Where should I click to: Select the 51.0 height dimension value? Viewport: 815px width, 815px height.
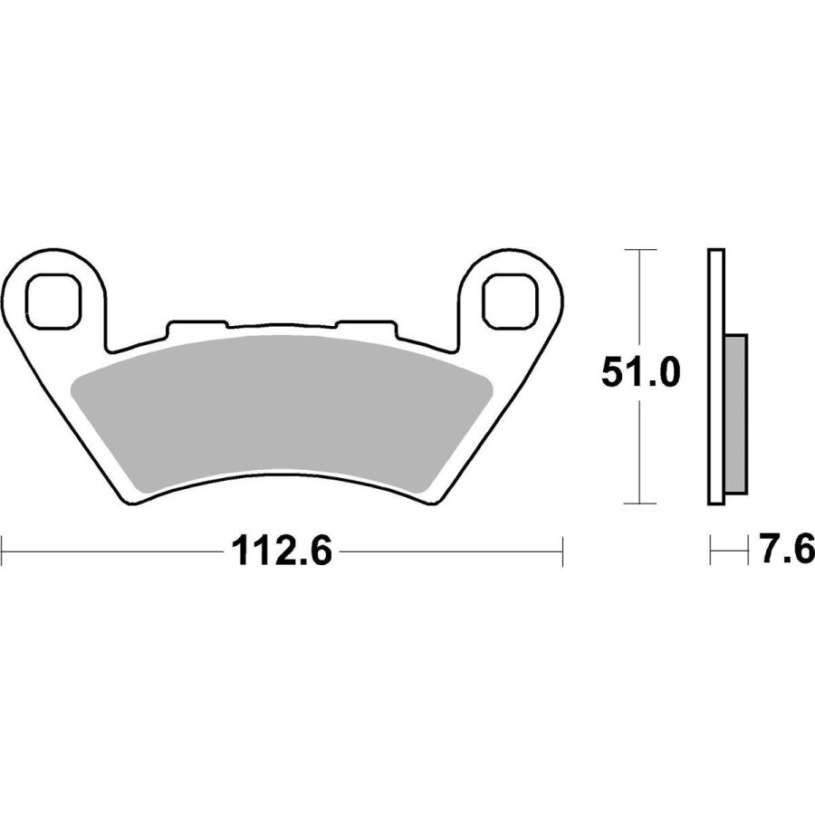(x=640, y=373)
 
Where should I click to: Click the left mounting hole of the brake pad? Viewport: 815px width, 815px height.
(x=54, y=302)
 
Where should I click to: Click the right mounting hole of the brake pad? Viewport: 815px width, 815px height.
(x=510, y=302)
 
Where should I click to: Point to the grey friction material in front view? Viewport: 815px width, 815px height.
(x=282, y=413)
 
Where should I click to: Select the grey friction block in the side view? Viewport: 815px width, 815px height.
(x=735, y=414)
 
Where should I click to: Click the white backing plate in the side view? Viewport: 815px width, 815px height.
(x=715, y=377)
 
